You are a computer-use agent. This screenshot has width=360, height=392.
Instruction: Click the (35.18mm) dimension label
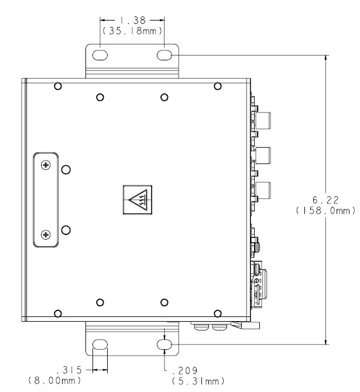[132, 30]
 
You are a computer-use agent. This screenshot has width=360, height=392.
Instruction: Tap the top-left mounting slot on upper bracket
[100, 55]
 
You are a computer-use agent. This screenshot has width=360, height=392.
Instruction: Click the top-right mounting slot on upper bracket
[164, 55]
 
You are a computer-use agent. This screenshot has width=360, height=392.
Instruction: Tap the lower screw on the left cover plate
[46, 235]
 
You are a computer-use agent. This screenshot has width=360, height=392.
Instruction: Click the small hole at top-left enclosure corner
[57, 87]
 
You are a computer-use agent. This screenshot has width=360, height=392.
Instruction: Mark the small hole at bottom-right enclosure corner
[218, 313]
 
